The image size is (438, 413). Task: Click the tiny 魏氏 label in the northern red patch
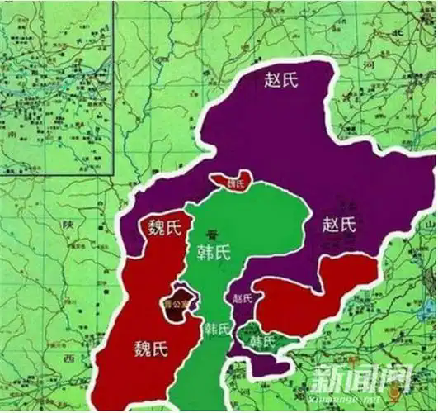pyautogui.click(x=237, y=183)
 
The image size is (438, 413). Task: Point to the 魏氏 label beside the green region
pyautogui.click(x=163, y=227)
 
